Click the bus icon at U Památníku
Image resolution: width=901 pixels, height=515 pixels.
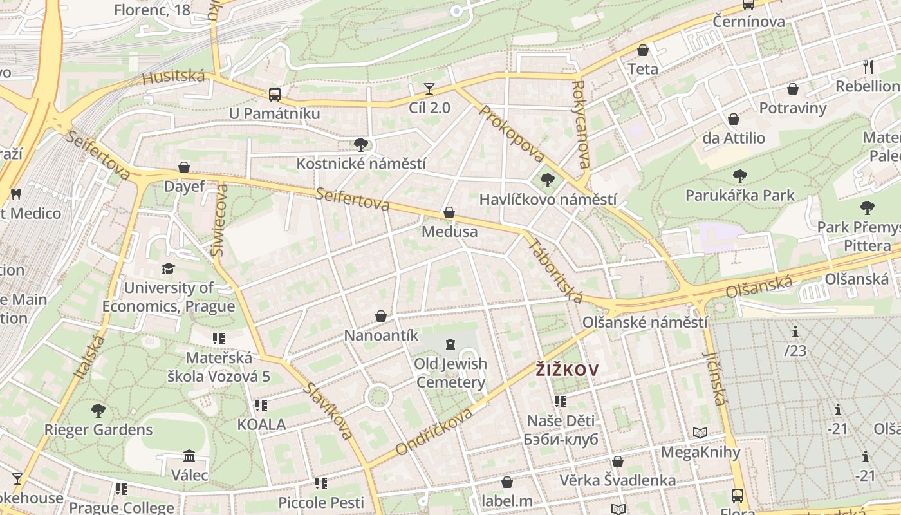click(275, 95)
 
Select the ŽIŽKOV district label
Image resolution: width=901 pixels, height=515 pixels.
click(567, 370)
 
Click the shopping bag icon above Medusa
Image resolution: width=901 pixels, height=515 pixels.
click(449, 212)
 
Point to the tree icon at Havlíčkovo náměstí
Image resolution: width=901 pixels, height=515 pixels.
click(548, 180)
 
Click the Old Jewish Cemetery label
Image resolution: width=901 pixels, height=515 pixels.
click(450, 373)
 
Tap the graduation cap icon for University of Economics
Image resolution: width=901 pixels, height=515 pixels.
click(168, 268)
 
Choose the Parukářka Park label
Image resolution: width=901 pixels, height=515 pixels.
click(739, 195)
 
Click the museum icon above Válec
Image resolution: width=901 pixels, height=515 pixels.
click(189, 456)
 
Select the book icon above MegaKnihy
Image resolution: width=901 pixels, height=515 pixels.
click(700, 433)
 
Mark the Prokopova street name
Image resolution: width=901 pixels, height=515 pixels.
click(512, 133)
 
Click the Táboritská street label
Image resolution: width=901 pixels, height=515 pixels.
click(555, 270)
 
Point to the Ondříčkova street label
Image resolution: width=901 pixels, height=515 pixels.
click(434, 432)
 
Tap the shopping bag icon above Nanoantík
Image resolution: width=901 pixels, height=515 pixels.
click(381, 316)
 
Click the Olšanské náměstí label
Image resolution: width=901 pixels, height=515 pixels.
click(644, 323)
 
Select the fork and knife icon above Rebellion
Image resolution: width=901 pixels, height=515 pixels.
click(868, 66)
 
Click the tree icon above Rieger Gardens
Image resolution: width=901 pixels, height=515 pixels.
click(98, 410)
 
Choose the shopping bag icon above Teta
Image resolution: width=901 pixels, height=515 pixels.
click(642, 50)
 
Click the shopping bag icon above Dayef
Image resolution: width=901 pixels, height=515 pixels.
click(184, 167)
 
